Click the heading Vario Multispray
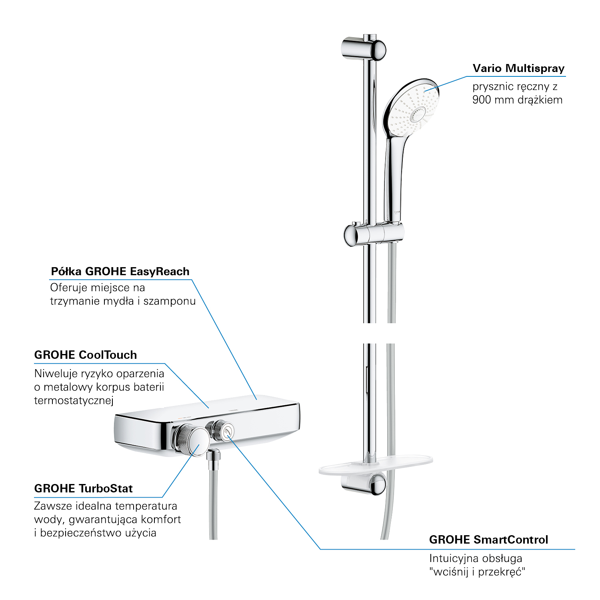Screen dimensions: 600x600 click(x=518, y=68)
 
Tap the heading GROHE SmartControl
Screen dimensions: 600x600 click(x=488, y=540)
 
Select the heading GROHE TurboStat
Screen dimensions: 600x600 click(x=83, y=488)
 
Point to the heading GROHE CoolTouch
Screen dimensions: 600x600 click(x=86, y=355)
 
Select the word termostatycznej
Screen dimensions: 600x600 click(x=74, y=400)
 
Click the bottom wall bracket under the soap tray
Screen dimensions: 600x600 click(x=364, y=484)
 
